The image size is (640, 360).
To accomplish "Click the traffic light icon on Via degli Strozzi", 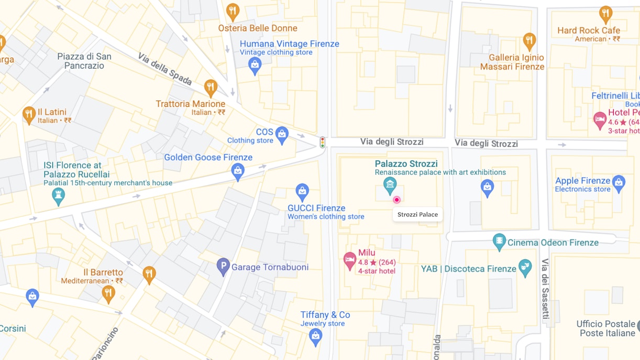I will tap(323, 142).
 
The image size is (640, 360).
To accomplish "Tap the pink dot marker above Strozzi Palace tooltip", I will tap(396, 200).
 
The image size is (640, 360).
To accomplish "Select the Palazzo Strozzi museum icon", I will tap(390, 184).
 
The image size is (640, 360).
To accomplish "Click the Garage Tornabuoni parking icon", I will tap(223, 266).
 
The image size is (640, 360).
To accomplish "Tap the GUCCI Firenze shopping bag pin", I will tap(302, 191).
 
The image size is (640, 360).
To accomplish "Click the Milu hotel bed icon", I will tap(350, 260).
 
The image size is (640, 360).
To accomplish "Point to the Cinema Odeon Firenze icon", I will tap(500, 242).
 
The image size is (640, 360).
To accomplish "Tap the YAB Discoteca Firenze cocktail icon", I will tap(525, 267).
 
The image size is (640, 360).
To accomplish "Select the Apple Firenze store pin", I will tap(619, 183).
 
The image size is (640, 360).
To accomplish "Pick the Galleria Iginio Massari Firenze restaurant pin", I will tap(529, 40).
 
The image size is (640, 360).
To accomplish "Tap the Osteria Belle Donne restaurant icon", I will tap(233, 11).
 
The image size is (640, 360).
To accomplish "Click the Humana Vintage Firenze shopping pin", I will tap(255, 65).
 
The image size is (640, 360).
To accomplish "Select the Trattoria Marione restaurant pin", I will tap(211, 87).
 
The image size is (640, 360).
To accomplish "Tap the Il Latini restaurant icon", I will tap(29, 115).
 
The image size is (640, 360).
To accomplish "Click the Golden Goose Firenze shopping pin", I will tap(238, 171).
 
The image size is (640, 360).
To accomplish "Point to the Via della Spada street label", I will tap(165, 69).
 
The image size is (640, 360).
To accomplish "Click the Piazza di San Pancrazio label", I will tap(84, 61).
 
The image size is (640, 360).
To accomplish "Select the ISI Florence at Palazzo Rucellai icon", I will tap(59, 196).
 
